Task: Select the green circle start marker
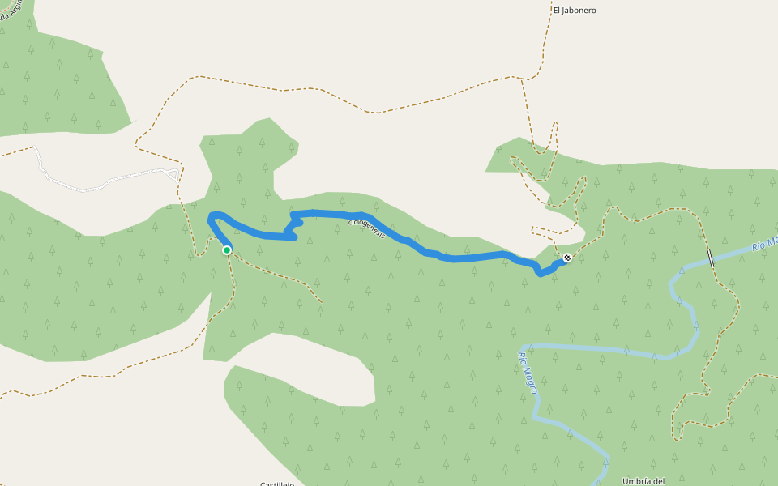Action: pyautogui.click(x=227, y=250)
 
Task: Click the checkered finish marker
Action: pyautogui.click(x=567, y=258)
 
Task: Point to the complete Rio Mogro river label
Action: pyautogui.click(x=528, y=372)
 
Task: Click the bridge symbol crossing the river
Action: pyautogui.click(x=711, y=258)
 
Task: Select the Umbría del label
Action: pyautogui.click(x=643, y=480)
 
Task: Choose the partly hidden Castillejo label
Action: pyautogui.click(x=276, y=483)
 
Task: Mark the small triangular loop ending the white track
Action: pyautogui.click(x=172, y=173)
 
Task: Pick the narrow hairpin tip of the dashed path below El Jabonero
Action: pyautogui.click(x=555, y=124)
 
